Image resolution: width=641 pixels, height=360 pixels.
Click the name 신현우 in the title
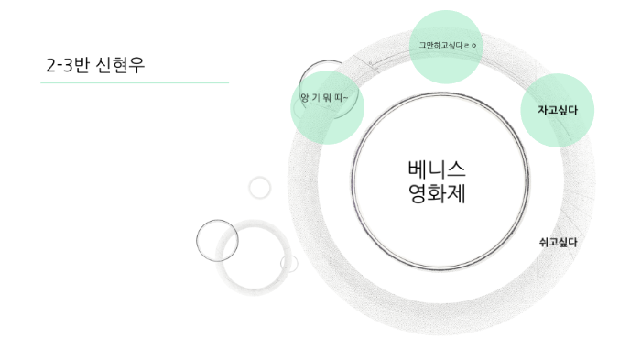121,65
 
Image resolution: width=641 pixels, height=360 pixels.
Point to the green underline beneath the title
135,82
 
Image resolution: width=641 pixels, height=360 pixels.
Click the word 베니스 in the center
436,169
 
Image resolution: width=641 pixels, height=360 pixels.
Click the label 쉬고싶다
558,242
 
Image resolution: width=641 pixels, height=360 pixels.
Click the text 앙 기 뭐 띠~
324,96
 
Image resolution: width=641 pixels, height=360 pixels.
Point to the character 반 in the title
82,65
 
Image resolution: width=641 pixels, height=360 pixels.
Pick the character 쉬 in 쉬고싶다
543,242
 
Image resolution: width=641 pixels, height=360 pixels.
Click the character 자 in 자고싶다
542,110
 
